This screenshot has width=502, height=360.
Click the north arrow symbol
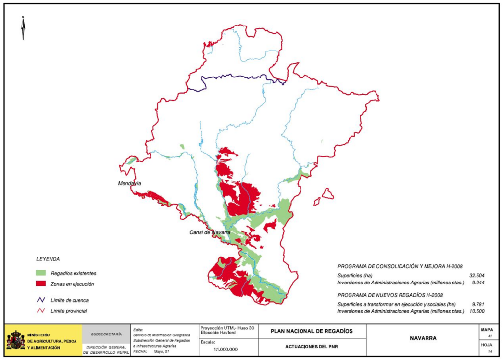pos(23,28)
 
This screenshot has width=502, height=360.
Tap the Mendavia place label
pos(129,183)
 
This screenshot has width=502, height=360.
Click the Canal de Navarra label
pos(210,232)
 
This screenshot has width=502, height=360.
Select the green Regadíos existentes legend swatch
pos(41,273)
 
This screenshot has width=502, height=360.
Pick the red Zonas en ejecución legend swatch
pos(41,284)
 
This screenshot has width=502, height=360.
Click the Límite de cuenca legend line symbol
pos(41,300)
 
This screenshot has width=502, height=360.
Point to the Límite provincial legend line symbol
pos(41,310)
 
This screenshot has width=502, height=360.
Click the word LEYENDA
pos(48,258)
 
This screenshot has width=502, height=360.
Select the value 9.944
pos(479,283)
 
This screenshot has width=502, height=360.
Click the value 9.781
pos(479,304)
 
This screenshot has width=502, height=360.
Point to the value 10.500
pos(477,311)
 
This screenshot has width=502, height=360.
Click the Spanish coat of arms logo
pos(16,340)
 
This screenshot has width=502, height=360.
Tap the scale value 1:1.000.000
pos(226,349)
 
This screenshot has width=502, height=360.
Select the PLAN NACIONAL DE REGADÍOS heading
pos(311,331)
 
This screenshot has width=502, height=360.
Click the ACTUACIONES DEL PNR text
pos(311,347)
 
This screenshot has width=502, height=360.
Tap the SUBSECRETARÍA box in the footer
pos(106,334)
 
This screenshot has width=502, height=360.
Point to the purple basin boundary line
pos(235,77)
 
